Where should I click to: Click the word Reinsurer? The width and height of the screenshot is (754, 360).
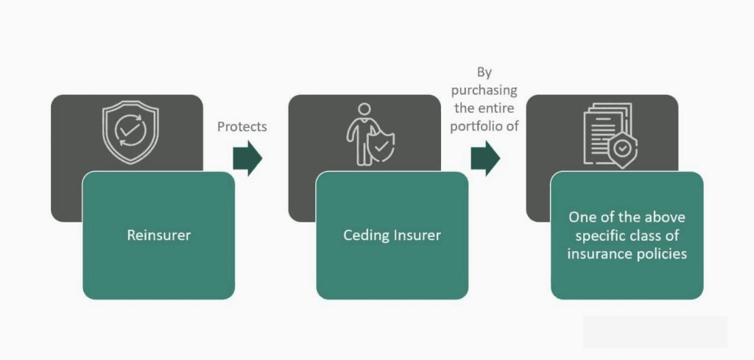pyautogui.click(x=158, y=236)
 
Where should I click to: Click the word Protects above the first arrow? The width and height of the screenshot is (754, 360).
pyautogui.click(x=242, y=127)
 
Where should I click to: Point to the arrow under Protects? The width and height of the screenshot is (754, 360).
pyautogui.click(x=247, y=158)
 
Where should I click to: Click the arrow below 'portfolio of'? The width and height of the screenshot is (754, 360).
pyautogui.click(x=485, y=158)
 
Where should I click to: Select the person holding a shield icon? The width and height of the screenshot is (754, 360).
pyautogui.click(x=370, y=134)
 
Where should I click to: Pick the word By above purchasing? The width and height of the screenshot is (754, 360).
pyautogui.click(x=484, y=72)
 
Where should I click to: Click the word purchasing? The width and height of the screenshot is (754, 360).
pyautogui.click(x=485, y=91)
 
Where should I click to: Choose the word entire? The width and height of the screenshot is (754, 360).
pyautogui.click(x=498, y=108)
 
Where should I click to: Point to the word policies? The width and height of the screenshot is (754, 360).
pyautogui.click(x=662, y=254)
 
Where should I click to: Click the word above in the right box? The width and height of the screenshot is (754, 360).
pyautogui.click(x=665, y=217)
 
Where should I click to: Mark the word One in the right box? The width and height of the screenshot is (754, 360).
pyautogui.click(x=581, y=217)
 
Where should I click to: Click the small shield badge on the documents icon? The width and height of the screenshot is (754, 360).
pyautogui.click(x=623, y=150)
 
